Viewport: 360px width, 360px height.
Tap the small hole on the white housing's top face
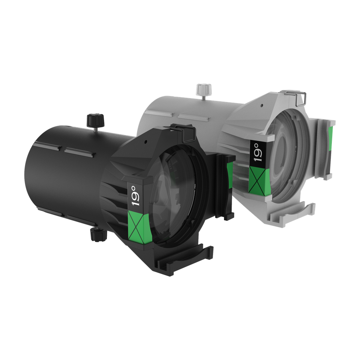[262, 105]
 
